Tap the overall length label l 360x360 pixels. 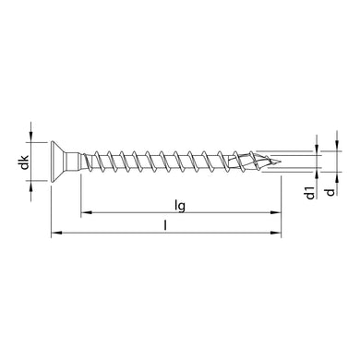coord(166,224)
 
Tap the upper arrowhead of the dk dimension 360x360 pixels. coord(35,138)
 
